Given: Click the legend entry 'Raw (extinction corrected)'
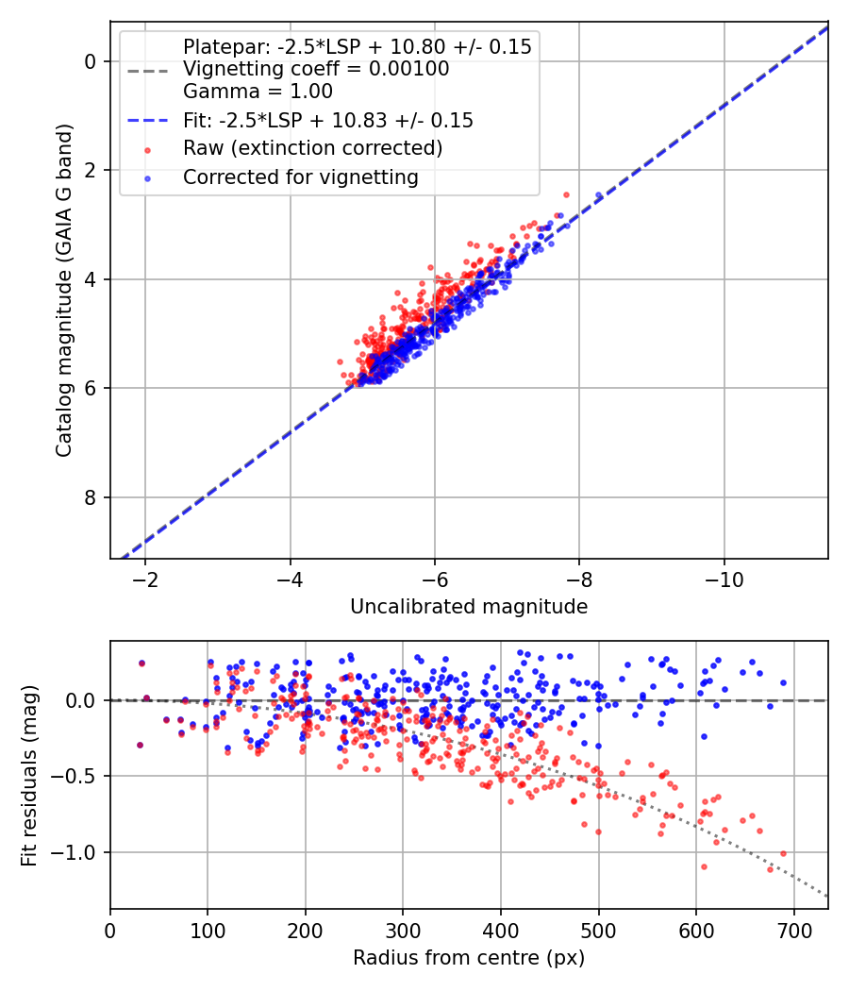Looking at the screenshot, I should (311, 148).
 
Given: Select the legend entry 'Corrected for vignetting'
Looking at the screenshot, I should (300, 176).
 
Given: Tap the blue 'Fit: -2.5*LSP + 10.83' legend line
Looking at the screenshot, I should (147, 121).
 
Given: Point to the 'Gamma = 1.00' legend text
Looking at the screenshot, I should (258, 92).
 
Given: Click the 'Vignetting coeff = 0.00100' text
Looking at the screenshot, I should (316, 69).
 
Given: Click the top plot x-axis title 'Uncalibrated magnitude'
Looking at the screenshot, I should (469, 607).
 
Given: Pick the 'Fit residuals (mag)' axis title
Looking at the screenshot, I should (29, 775).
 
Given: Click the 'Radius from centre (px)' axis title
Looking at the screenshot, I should (469, 958).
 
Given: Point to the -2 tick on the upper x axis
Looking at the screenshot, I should (145, 578).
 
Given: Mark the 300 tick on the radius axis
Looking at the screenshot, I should (403, 929).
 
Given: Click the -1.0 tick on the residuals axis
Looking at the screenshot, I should (79, 852).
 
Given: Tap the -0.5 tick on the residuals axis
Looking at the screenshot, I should (79, 776).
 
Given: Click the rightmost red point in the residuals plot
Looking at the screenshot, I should (783, 853).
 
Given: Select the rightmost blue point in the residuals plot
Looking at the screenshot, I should (783, 682).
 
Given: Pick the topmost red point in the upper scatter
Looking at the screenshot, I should (566, 194).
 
